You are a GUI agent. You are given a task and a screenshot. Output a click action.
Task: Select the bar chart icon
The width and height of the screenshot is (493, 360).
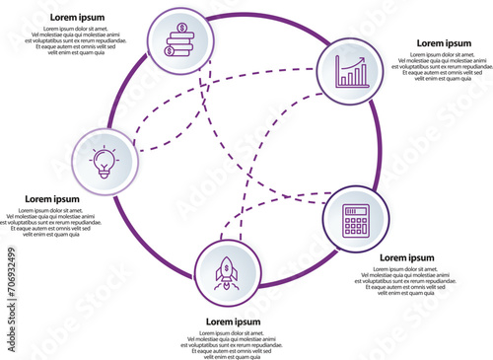[x=351, y=72]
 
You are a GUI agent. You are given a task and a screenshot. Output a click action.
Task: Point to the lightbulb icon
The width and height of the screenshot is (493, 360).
[x=105, y=160]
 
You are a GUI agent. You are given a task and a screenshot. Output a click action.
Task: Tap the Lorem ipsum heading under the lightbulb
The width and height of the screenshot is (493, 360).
[x=51, y=199]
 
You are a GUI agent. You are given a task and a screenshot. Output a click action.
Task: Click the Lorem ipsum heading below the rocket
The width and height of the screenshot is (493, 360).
[x=233, y=323]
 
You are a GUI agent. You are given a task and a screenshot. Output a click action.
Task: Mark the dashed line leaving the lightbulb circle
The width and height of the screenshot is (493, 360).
[x=148, y=149]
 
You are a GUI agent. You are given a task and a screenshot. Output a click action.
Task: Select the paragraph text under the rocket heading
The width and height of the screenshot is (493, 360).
[x=234, y=345]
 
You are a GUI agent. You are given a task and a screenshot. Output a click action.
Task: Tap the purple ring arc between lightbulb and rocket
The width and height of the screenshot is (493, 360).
[x=148, y=242]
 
